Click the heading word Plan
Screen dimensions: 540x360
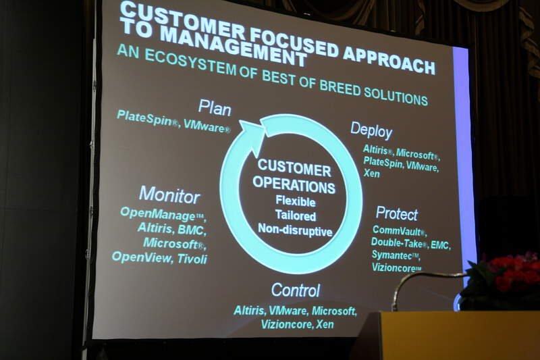coord(215,107)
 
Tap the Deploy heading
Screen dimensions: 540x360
coord(371,130)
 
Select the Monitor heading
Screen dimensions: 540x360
coord(169,195)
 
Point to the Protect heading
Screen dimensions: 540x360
coord(397,213)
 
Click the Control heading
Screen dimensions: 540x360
coord(296,290)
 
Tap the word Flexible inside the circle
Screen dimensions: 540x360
coord(296,201)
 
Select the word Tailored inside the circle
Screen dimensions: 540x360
coord(296,215)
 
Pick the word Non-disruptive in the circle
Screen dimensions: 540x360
coord(295,230)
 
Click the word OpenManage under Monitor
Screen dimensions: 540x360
coord(158,214)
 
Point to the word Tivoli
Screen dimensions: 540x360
coord(192,259)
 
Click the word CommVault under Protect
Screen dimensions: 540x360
coord(397,230)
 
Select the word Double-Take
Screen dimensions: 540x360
coord(397,243)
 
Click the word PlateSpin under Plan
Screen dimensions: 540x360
coord(144,118)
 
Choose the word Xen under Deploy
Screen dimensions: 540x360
coord(372,173)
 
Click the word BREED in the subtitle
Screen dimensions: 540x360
coord(339,88)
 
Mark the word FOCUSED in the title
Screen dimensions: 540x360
coord(292,43)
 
